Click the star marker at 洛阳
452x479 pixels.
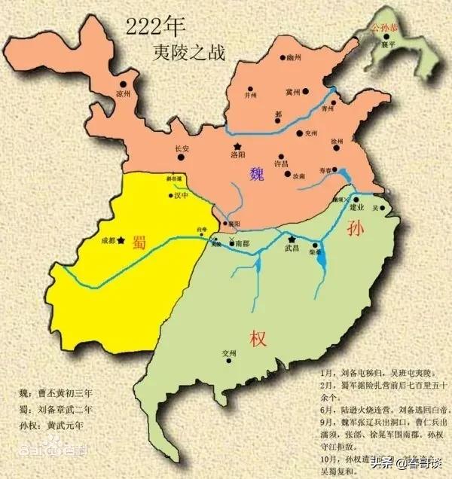point(238,145)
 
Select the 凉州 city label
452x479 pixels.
point(123,93)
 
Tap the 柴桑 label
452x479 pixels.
point(313,254)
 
